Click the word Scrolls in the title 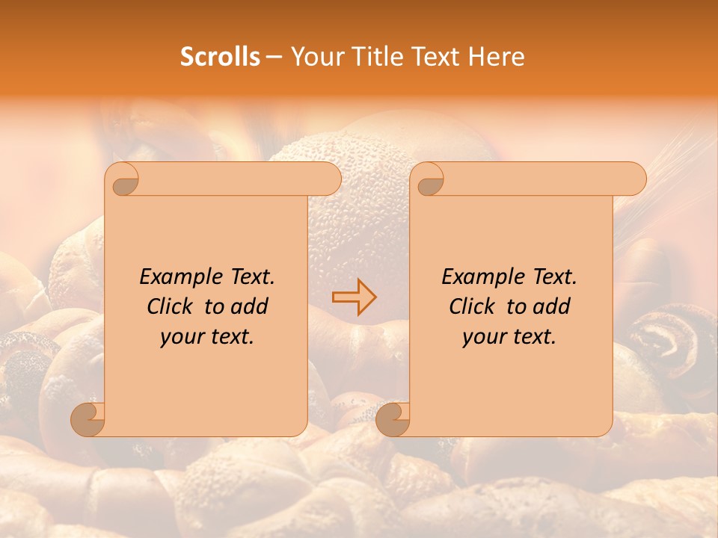[x=220, y=57]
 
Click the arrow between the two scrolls [x=355, y=297]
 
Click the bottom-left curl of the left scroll [x=88, y=419]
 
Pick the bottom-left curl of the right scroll [x=393, y=419]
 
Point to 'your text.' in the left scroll [x=206, y=337]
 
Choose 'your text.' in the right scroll [x=509, y=337]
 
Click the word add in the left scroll [x=250, y=306]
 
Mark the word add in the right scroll [x=552, y=306]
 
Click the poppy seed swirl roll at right [x=663, y=340]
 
